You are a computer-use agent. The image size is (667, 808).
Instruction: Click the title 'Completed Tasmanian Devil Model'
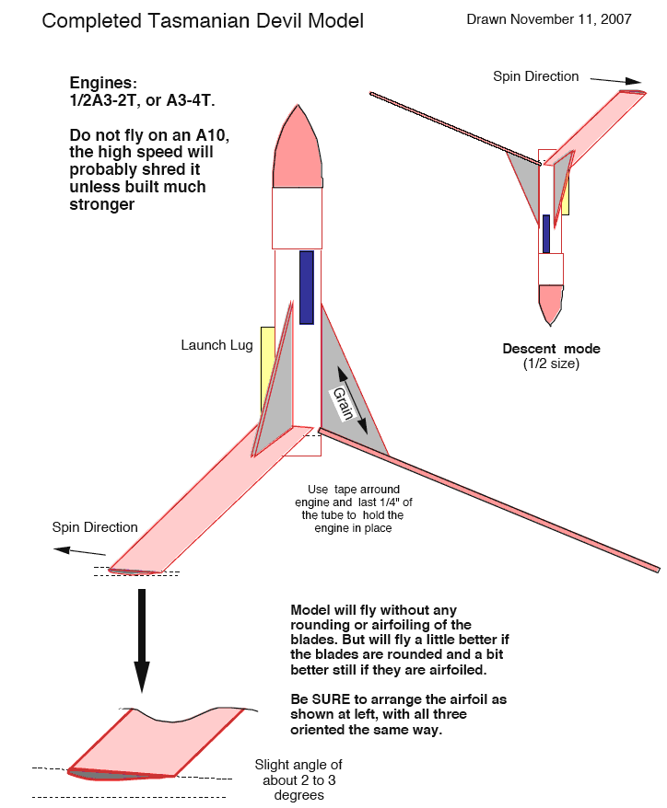[203, 20]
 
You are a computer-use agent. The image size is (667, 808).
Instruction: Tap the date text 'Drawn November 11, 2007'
[549, 18]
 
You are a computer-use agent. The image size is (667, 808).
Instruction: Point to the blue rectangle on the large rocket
[307, 287]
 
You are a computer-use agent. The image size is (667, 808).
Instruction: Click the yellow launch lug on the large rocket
[268, 368]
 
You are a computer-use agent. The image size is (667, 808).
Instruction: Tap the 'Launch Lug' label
[216, 345]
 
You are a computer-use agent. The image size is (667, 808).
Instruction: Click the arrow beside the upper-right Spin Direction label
[618, 80]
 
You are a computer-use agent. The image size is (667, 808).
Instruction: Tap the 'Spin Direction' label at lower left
[95, 527]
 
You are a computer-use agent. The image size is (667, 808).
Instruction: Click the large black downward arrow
[141, 640]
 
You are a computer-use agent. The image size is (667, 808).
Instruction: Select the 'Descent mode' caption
[551, 349]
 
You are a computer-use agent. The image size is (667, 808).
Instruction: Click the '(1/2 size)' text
[551, 364]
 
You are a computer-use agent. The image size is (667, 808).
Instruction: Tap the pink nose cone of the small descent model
[551, 302]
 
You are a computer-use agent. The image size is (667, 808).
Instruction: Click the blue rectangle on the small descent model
[546, 234]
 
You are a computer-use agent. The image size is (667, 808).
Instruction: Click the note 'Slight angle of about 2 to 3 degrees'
[299, 779]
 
